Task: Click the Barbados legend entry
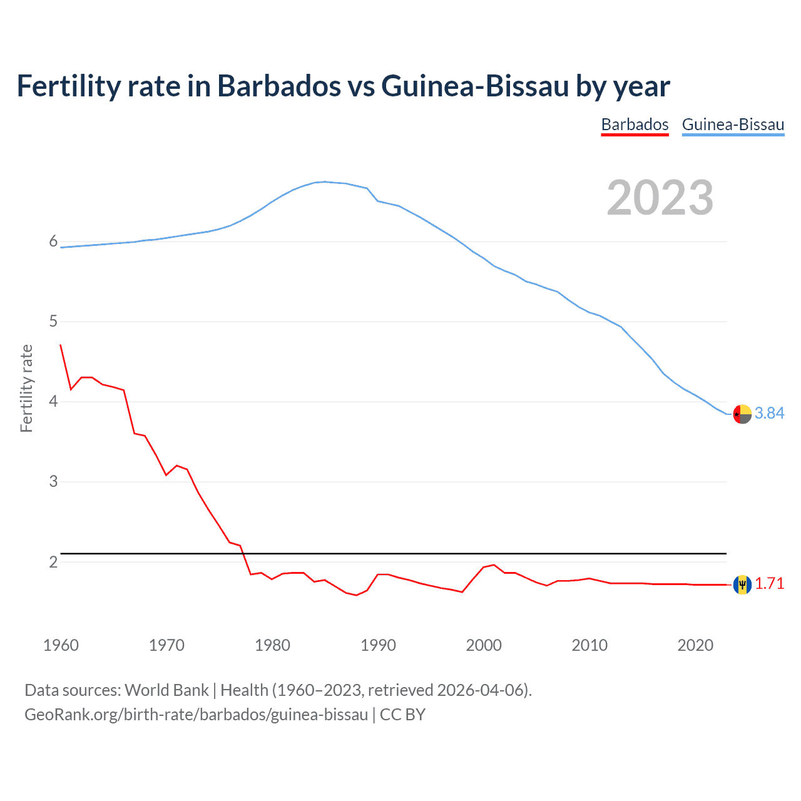coord(635,125)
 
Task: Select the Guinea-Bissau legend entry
coord(733,125)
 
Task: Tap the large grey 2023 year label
coord(660,198)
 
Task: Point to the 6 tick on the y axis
coord(53,242)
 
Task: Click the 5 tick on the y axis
coord(53,322)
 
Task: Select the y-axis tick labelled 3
coord(53,482)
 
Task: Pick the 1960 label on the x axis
coord(61,645)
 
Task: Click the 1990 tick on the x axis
coord(378,645)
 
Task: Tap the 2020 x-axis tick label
coord(695,645)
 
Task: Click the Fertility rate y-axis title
coord(26,388)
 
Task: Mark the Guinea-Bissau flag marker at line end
coord(742,414)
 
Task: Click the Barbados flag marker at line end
coord(742,584)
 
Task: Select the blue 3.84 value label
coord(769,413)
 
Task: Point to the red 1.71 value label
coord(769,583)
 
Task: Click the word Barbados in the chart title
coord(278,86)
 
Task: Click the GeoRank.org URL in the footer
coord(196,715)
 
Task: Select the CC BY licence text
coord(402,715)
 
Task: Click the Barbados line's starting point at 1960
coord(61,345)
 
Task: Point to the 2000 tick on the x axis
coord(484,645)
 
